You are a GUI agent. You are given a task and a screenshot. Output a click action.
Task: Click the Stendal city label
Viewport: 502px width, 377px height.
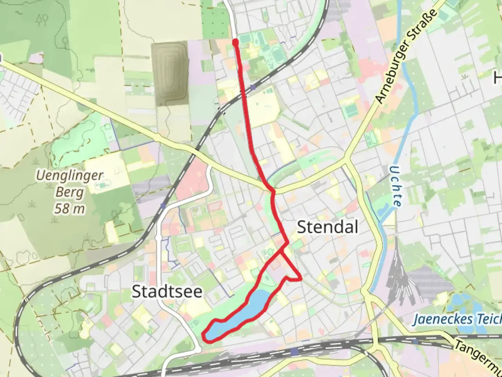(327, 227)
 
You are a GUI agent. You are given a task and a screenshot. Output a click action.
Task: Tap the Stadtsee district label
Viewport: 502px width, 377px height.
(167, 292)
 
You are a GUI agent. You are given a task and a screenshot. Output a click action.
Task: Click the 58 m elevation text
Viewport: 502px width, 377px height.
(70, 209)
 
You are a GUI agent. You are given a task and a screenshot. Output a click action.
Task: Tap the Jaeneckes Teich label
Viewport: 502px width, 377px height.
(457, 319)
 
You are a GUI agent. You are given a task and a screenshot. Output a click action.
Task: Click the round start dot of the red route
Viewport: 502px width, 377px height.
(235, 42)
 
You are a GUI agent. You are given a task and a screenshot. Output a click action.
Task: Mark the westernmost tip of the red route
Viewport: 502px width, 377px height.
(203, 335)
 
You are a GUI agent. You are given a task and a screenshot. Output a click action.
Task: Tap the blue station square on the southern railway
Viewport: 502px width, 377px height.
(295, 351)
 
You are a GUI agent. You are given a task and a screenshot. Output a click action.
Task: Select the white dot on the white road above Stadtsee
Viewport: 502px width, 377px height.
(159, 238)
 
